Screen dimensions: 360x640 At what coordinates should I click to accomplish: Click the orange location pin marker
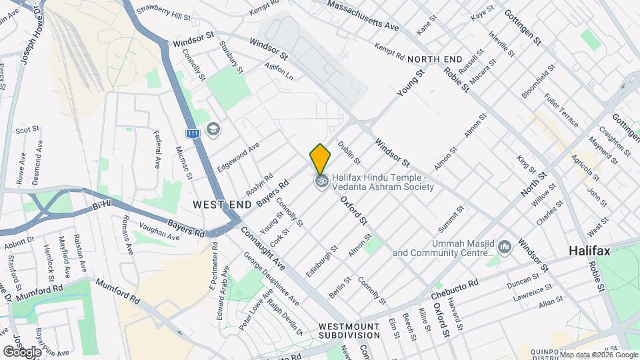pyautogui.click(x=320, y=158)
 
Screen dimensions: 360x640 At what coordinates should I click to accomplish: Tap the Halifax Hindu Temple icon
pyautogui.click(x=321, y=181)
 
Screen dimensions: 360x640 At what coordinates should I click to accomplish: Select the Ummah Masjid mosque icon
pyautogui.click(x=505, y=248)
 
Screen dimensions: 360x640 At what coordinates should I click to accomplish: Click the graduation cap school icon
pyautogui.click(x=214, y=129)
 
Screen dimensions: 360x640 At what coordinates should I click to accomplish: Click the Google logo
pyautogui.click(x=22, y=351)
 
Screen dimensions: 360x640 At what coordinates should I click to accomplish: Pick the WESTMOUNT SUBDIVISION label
pyautogui.click(x=349, y=330)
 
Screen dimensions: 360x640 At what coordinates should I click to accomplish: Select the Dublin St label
pyautogui.click(x=349, y=153)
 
